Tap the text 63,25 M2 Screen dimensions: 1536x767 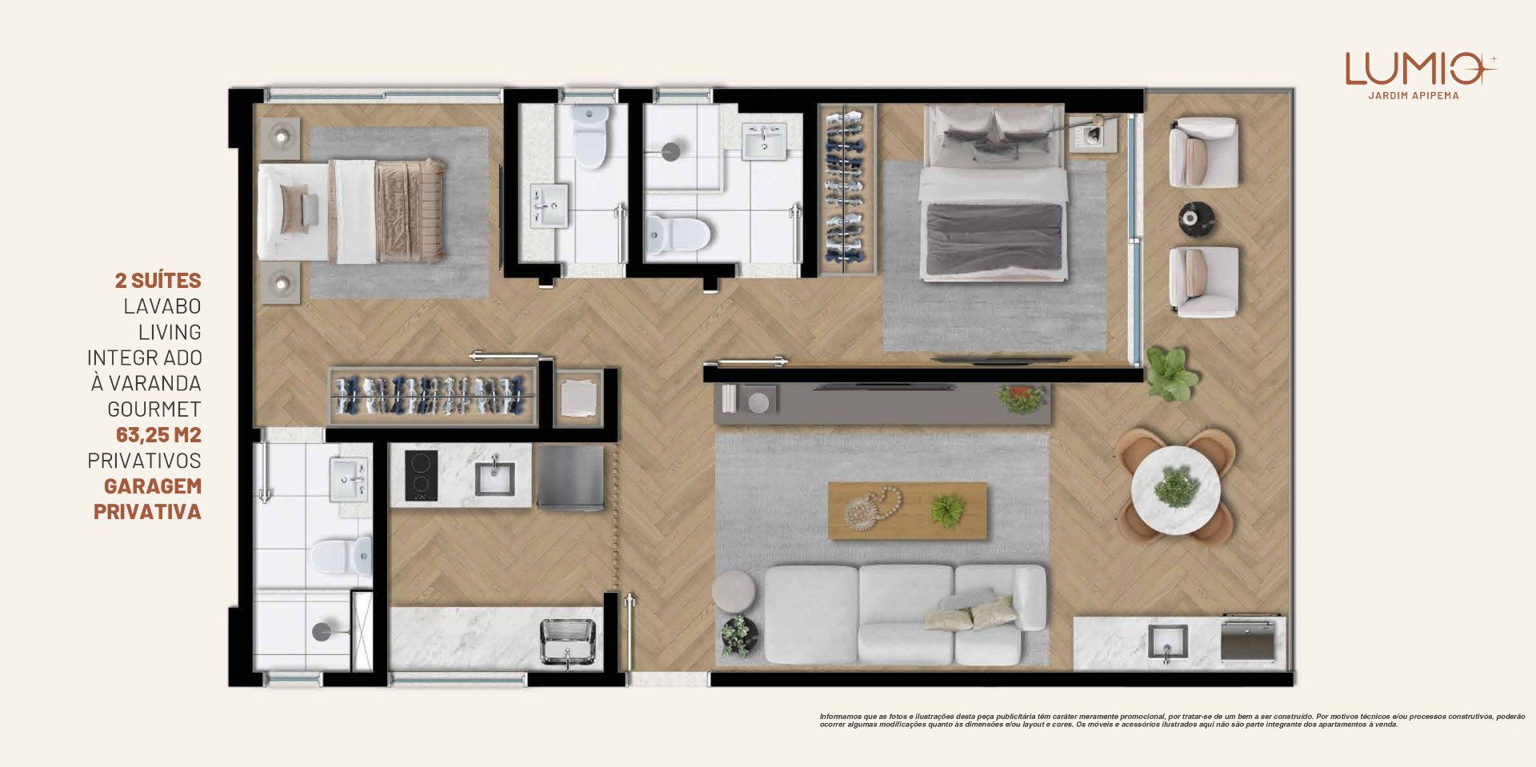click(x=158, y=435)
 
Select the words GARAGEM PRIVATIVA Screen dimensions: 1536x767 click(x=147, y=499)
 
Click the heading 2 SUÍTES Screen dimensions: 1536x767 click(x=158, y=281)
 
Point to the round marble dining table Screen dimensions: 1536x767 click(x=1175, y=489)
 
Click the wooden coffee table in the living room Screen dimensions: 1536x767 click(x=907, y=510)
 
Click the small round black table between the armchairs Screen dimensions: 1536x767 click(x=1197, y=217)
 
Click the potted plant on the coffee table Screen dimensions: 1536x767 click(x=949, y=510)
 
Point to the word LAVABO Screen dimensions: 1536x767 click(x=162, y=306)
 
